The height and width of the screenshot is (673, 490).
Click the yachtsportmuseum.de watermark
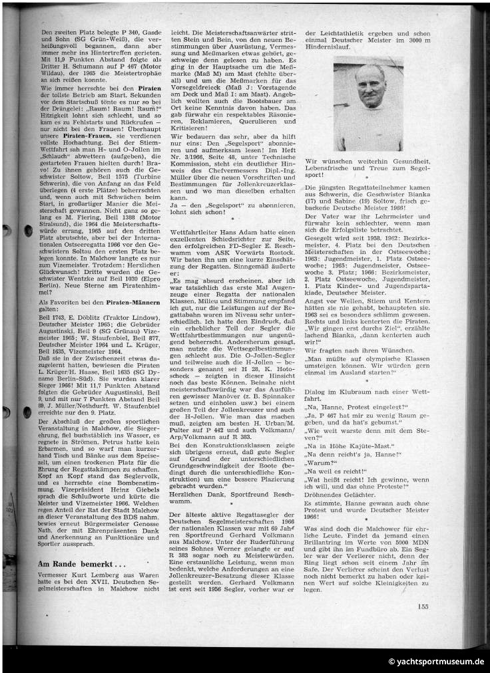436,662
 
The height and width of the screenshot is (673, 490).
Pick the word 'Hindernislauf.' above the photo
326,49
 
